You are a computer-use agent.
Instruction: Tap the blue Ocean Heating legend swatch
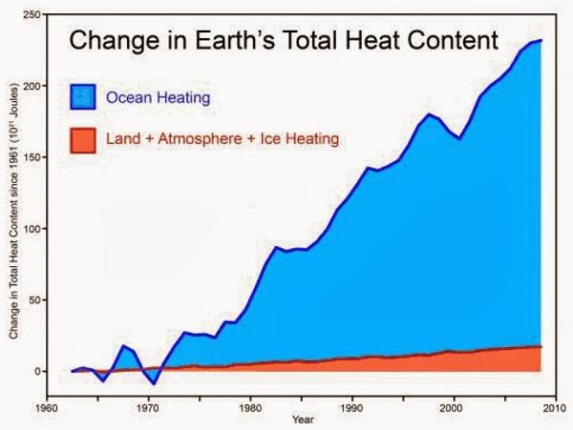click(x=85, y=95)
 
